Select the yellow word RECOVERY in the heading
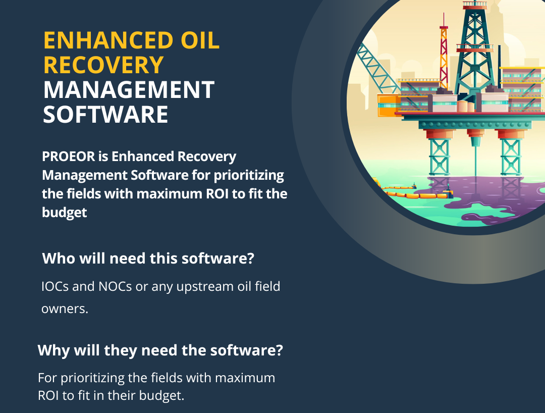coord(103,65)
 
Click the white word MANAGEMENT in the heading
coord(129,90)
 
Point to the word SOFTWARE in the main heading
coord(105,114)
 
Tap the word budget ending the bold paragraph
coord(64,213)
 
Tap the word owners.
coord(65,308)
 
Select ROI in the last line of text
coord(48,395)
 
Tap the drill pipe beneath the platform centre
coord(475,157)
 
